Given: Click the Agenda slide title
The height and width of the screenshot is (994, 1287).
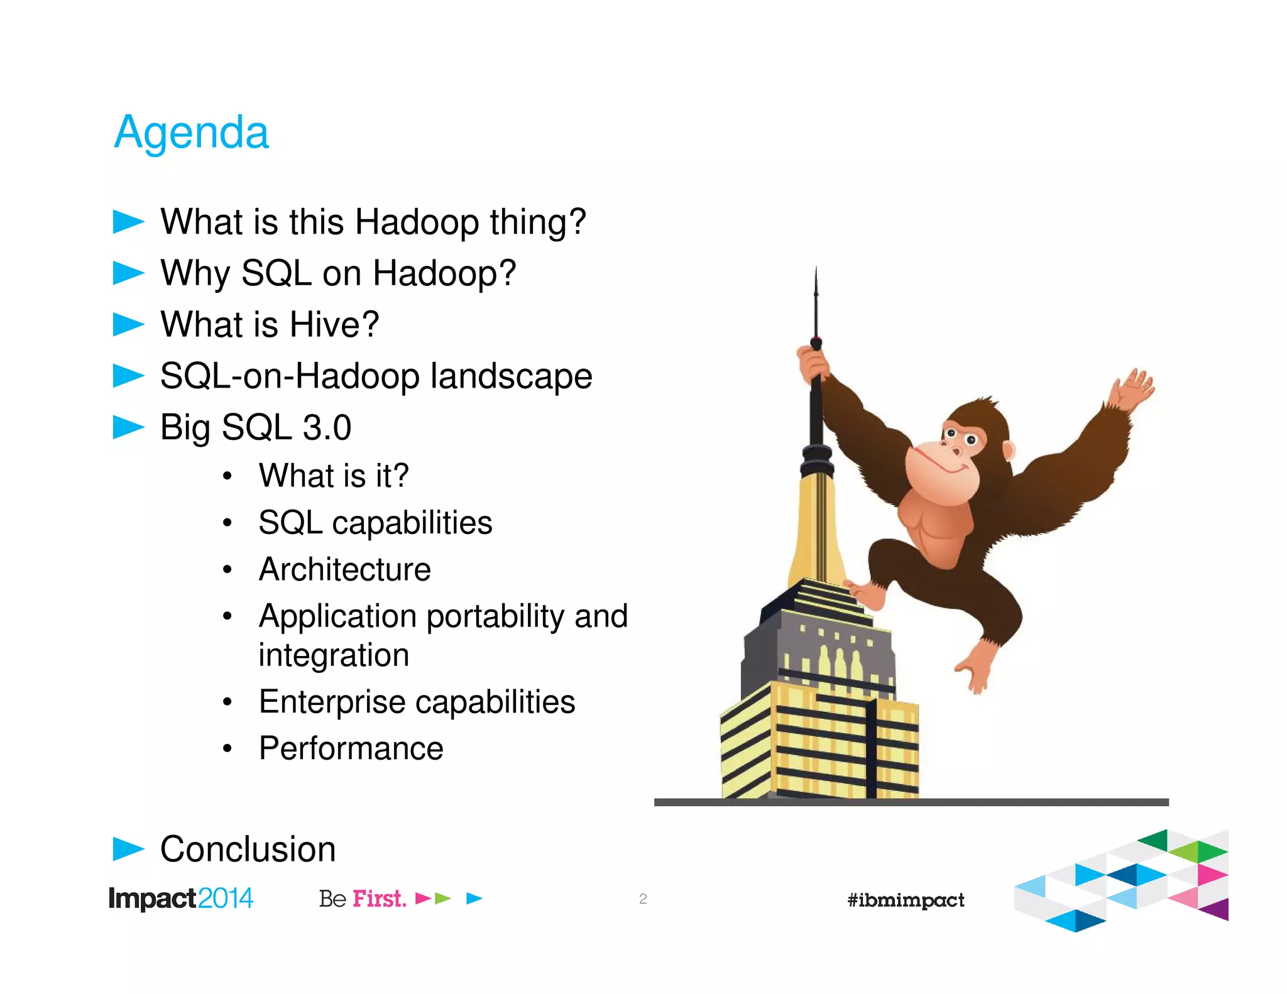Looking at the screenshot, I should coord(192,133).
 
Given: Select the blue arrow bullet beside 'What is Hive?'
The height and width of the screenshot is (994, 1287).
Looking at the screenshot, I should coord(128,324).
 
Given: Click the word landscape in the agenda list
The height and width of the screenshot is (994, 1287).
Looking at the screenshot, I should coord(511,376).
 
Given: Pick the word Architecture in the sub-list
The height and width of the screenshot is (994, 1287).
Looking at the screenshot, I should coord(345,570).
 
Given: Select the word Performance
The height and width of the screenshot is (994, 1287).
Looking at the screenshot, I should coord(351,748).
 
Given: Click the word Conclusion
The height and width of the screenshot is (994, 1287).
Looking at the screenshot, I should coord(248,849).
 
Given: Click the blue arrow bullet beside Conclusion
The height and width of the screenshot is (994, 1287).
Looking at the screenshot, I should coord(128,849).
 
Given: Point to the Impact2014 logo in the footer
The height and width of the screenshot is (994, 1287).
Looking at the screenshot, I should coord(180,898).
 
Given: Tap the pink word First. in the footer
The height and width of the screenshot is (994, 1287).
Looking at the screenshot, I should coord(379,899).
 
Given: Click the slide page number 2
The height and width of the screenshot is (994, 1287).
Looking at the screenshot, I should coord(643,899).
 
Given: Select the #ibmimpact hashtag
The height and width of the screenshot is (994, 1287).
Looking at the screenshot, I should coord(906,900).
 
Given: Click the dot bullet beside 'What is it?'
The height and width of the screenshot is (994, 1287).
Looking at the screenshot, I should coord(227,476).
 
